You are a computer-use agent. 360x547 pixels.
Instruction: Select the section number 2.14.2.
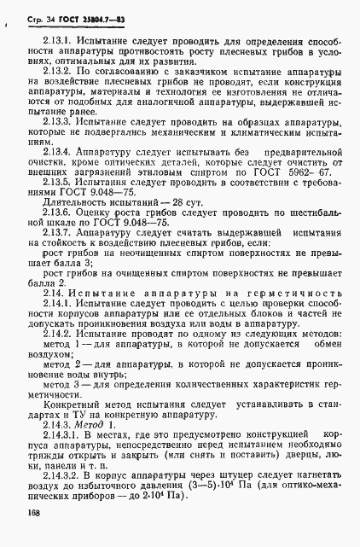click(55, 335)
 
